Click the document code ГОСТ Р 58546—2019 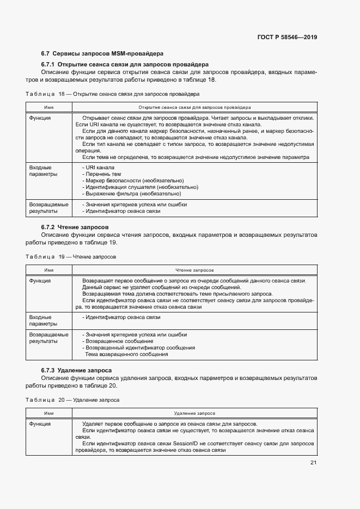pos(286,38)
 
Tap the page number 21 pos(313,463)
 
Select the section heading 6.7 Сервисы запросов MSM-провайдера pos(102,53)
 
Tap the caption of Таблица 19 pos(71,256)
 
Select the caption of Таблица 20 pos(72,400)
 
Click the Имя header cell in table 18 pos(49,107)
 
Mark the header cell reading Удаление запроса pos(194,413)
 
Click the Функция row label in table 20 pos(40,424)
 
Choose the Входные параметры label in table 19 pos(40,320)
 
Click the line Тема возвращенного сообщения pos(126,354)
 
